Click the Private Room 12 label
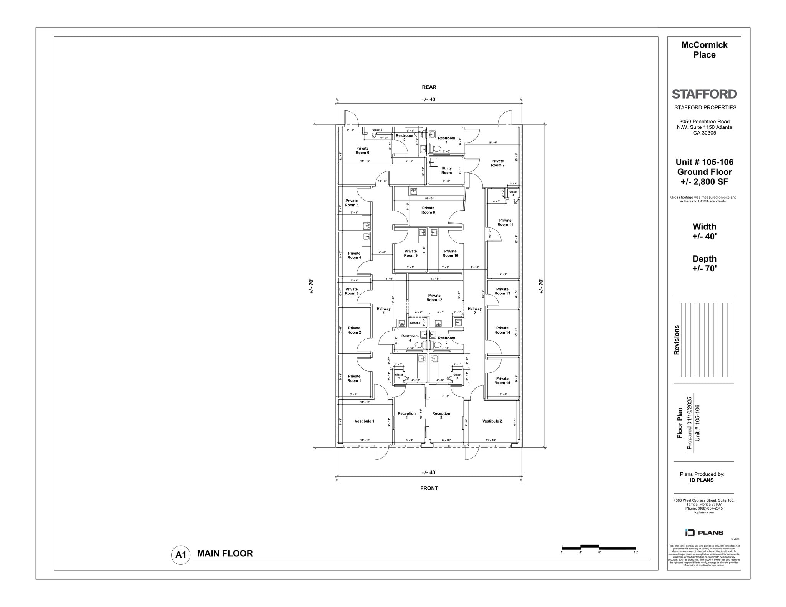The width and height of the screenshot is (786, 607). pos(434,298)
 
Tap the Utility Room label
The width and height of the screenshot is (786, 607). pos(446,170)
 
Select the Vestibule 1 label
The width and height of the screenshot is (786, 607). pos(364,421)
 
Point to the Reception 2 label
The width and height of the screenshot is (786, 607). pos(441,415)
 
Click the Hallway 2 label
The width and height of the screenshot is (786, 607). pos(474,310)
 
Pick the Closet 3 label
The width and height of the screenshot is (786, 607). pos(415,323)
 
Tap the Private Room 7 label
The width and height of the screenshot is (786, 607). pos(497,163)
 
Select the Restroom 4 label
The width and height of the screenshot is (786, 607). pos(410,338)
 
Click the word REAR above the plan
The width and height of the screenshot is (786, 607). pos(429,87)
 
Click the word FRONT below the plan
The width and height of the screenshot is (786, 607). pos(429,488)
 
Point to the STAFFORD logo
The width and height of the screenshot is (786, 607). pos(704,94)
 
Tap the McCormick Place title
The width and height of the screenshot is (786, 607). pos(704,50)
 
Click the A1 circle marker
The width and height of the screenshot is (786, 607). pos(181,554)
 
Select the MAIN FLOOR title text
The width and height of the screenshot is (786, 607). pos(225,553)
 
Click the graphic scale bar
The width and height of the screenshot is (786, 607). pos(599,547)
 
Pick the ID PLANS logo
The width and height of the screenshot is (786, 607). pos(704,532)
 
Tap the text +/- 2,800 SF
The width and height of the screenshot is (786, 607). pos(704,182)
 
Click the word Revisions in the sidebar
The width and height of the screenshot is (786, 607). pos(677,340)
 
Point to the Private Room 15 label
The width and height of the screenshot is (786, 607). pos(502,380)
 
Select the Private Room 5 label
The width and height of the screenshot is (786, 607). pos(352,202)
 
